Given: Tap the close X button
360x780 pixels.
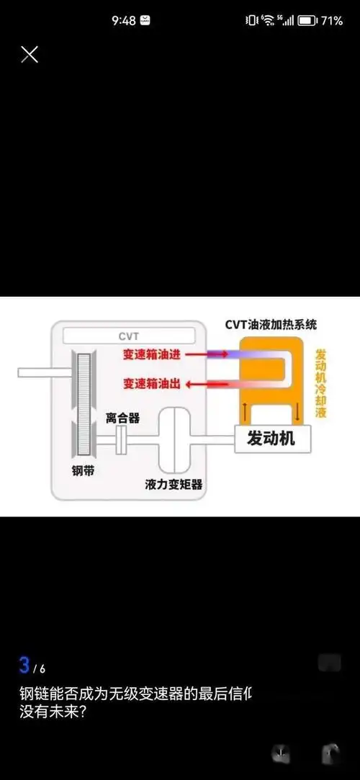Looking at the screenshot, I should click(30, 54).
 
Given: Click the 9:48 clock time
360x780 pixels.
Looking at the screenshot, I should click(123, 21).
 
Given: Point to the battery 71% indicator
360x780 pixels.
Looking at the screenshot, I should click(321, 21).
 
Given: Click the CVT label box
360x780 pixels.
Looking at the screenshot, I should click(128, 336).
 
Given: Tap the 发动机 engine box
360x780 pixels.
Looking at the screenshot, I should click(271, 438).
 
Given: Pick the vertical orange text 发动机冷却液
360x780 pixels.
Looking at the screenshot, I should click(321, 385).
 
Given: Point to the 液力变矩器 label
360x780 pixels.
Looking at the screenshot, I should click(174, 485).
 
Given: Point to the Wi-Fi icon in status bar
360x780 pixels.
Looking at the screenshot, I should click(268, 21).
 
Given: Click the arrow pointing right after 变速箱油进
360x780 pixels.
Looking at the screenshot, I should click(216, 354).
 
